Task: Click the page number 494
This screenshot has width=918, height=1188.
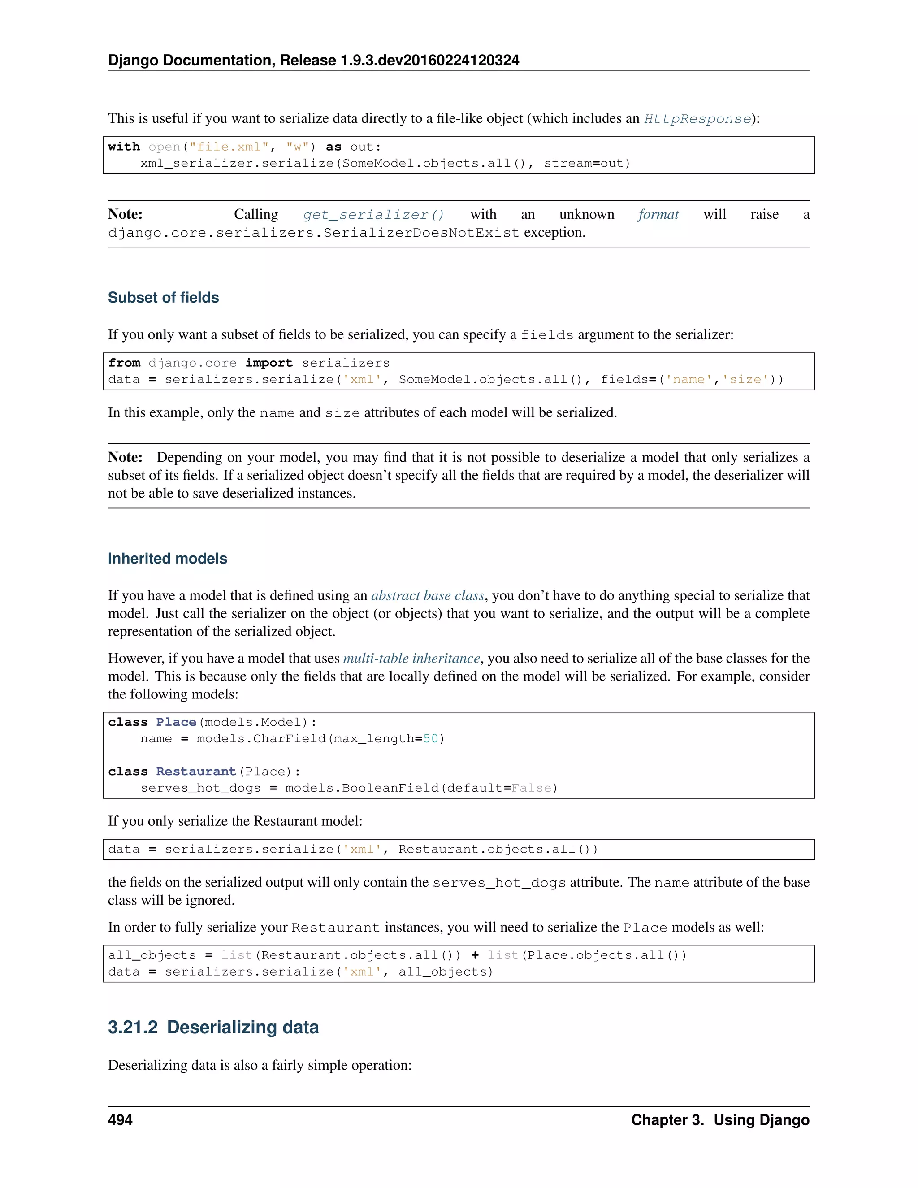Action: click(120, 1120)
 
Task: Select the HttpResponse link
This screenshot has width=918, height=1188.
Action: click(697, 119)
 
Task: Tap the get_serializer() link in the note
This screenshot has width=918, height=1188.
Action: click(374, 215)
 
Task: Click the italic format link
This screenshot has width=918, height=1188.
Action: click(658, 214)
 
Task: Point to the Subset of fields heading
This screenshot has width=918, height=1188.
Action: click(163, 298)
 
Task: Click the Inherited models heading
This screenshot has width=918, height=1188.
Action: click(168, 559)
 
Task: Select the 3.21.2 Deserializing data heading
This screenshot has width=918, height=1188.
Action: click(213, 1027)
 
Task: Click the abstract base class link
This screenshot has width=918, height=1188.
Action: click(428, 596)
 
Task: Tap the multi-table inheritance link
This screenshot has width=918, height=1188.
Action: click(411, 659)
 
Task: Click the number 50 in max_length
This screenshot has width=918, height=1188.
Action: click(431, 739)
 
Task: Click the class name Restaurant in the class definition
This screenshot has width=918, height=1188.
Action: click(196, 772)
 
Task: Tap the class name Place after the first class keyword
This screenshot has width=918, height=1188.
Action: click(176, 722)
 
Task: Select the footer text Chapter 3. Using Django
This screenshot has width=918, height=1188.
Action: click(720, 1120)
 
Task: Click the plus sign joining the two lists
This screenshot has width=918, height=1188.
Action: click(475, 955)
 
